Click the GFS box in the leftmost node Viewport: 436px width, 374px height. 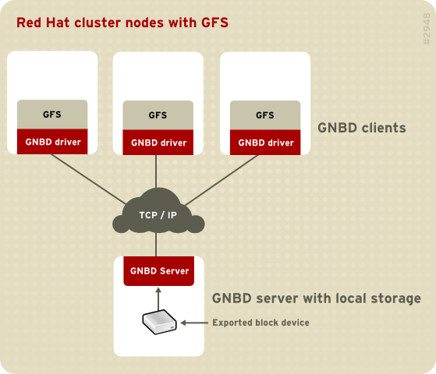(52, 115)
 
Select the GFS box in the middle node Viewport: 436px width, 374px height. (158, 115)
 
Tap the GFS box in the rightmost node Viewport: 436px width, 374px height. (265, 115)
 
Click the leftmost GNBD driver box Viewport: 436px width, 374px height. (52, 143)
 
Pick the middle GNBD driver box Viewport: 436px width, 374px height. (158, 143)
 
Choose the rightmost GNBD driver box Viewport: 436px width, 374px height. (265, 143)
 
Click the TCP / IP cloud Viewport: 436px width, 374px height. (158, 213)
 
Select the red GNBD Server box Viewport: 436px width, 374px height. (158, 271)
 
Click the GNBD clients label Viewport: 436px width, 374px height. (361, 128)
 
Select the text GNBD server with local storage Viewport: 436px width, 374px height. (316, 298)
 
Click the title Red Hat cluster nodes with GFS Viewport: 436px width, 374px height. (122, 23)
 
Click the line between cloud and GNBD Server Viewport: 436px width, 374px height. (158, 245)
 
